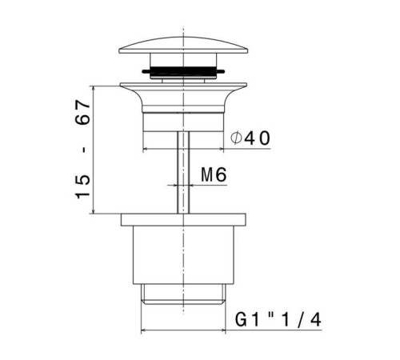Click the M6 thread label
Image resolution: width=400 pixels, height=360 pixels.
coord(214,174)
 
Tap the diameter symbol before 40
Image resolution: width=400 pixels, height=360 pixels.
coord(236,138)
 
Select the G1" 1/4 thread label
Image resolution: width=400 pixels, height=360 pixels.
coord(278,320)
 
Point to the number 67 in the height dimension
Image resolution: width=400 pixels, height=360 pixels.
coord(82,112)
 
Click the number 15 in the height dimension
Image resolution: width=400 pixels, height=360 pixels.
coord(83,186)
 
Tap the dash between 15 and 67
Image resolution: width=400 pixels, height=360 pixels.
coord(85,150)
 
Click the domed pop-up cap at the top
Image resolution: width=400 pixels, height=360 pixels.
coord(183,46)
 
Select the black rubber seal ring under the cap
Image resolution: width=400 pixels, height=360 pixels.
coord(183,71)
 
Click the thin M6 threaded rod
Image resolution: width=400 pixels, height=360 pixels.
coord(183,172)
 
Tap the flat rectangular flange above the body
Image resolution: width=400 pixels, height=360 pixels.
coord(183,220)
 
